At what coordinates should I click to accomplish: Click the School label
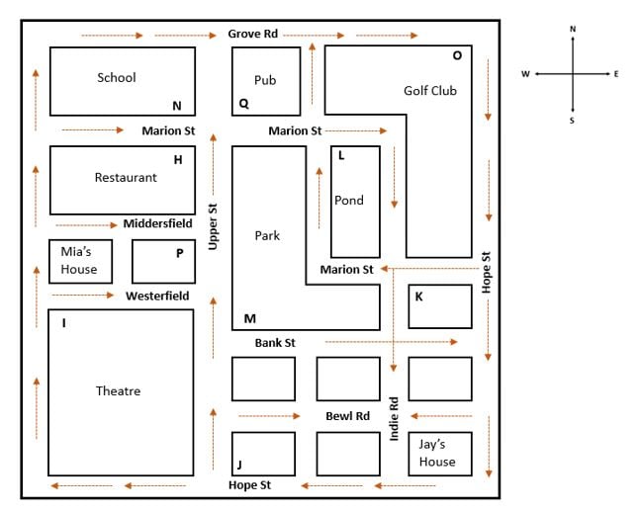pyautogui.click(x=117, y=78)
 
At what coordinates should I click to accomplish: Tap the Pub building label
pyautogui.click(x=265, y=80)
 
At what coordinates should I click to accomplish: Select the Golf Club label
pyautogui.click(x=430, y=91)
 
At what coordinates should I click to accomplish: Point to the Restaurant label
pyautogui.click(x=126, y=178)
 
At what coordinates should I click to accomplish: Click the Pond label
pyautogui.click(x=349, y=201)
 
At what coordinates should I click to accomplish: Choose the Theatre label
pyautogui.click(x=118, y=391)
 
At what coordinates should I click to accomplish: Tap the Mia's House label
pyautogui.click(x=79, y=261)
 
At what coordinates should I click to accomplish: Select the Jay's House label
pyautogui.click(x=436, y=453)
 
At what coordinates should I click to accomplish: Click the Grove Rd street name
pyautogui.click(x=253, y=34)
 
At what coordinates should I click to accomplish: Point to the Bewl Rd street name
pyautogui.click(x=347, y=416)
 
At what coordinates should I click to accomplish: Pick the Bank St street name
pyautogui.click(x=275, y=343)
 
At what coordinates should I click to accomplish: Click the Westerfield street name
pyautogui.click(x=157, y=296)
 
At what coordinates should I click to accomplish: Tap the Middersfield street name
pyautogui.click(x=157, y=223)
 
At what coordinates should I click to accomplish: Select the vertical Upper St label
pyautogui.click(x=213, y=226)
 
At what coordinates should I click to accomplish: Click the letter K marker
pyautogui.click(x=419, y=296)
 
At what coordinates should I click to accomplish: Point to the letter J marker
pyautogui.click(x=239, y=465)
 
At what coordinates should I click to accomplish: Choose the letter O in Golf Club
pyautogui.click(x=457, y=55)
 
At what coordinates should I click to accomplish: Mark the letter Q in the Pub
pyautogui.click(x=243, y=103)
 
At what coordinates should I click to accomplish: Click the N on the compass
pyautogui.click(x=573, y=30)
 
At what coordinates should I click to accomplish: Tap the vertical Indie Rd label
pyautogui.click(x=394, y=418)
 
